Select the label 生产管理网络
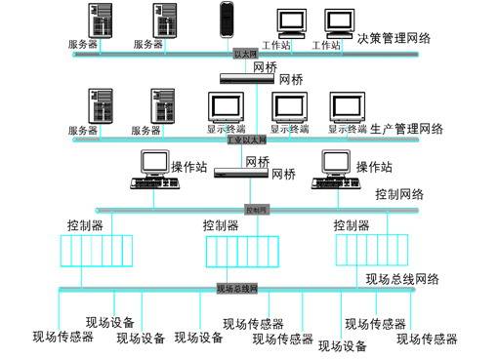[407, 129]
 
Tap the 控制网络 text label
[399, 194]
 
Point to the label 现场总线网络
[402, 279]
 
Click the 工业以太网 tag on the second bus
[246, 140]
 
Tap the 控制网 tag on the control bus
[255, 209]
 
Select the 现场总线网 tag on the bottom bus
[236, 289]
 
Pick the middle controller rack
[235, 252]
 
